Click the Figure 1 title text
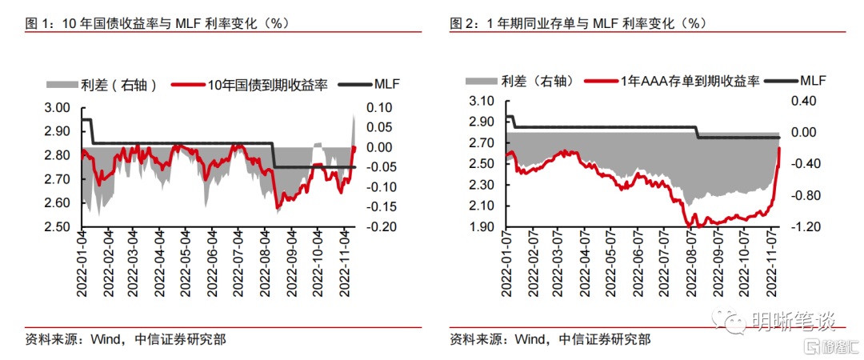156,24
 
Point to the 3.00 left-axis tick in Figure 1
62,108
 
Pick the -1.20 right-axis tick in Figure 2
803,227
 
